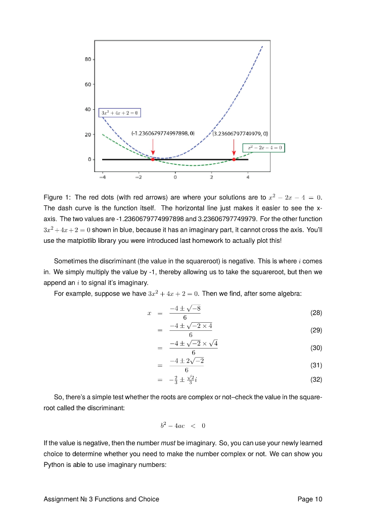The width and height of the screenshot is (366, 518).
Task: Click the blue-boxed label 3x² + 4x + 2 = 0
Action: tap(119, 112)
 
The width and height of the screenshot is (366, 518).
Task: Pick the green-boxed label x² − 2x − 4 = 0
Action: tap(264, 148)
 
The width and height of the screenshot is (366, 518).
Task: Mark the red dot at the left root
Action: tap(153, 159)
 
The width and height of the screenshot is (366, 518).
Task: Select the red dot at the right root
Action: tap(234, 159)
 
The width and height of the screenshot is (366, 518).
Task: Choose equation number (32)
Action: tap(315, 379)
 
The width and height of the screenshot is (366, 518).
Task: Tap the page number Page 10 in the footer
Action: tap(309, 499)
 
